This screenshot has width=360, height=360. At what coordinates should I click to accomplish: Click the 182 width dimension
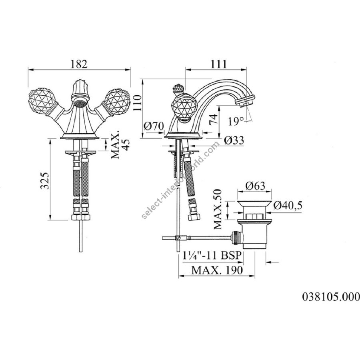tap(79, 64)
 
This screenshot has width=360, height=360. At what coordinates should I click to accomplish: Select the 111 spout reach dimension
tap(218, 64)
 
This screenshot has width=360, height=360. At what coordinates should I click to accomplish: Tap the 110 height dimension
tap(138, 103)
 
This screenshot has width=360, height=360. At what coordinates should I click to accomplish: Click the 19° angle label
tap(236, 121)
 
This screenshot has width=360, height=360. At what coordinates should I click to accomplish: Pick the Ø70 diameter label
tap(154, 126)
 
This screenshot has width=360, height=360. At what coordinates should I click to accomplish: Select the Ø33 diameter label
tap(234, 140)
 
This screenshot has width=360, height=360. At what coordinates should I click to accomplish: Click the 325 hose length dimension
tap(45, 180)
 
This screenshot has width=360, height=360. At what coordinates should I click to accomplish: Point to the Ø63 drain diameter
tap(255, 186)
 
